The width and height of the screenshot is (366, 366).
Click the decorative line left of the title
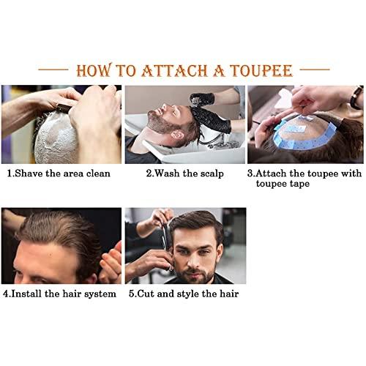point(53,70)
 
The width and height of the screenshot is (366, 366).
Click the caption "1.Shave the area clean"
point(59,173)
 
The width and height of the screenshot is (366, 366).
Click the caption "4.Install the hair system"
point(59,294)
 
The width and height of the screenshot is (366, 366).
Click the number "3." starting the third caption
point(250,173)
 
